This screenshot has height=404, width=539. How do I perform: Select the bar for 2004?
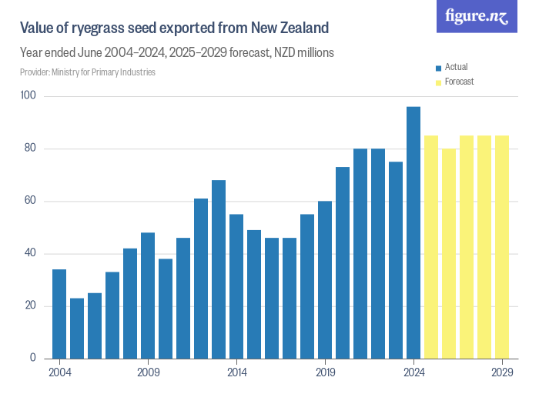point(59,313)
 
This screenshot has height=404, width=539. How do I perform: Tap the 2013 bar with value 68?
point(219,269)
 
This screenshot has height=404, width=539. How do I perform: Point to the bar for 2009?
point(148,295)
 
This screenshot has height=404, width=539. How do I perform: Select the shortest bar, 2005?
point(77,328)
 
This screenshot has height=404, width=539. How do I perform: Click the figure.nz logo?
point(477,16)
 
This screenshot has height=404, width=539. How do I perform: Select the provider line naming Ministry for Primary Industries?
point(88,72)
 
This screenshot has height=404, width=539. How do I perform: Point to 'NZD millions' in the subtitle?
point(300,53)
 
